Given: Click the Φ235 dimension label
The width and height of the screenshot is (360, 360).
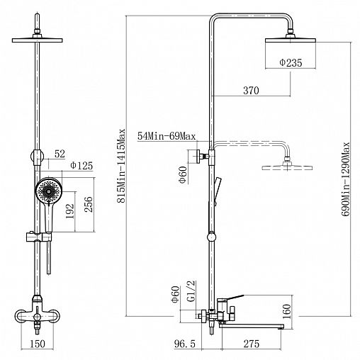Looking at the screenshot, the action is [291, 62].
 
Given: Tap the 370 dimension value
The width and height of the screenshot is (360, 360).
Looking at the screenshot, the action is [251, 90].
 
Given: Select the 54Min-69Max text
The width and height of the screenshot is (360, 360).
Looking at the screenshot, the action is [167, 136].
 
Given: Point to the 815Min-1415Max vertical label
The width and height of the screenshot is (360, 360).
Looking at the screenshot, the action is [121, 166].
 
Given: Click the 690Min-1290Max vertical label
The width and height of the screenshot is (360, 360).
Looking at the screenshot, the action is [345, 179].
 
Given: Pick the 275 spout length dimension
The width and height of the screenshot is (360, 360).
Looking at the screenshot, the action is [252, 344].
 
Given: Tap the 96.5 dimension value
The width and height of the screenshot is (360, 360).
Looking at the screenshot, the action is [185, 344].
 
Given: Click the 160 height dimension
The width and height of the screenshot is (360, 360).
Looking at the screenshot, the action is [286, 311].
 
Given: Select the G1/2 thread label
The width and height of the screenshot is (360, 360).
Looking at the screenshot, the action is [191, 291].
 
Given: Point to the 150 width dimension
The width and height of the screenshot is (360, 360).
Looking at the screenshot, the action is [38, 344].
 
